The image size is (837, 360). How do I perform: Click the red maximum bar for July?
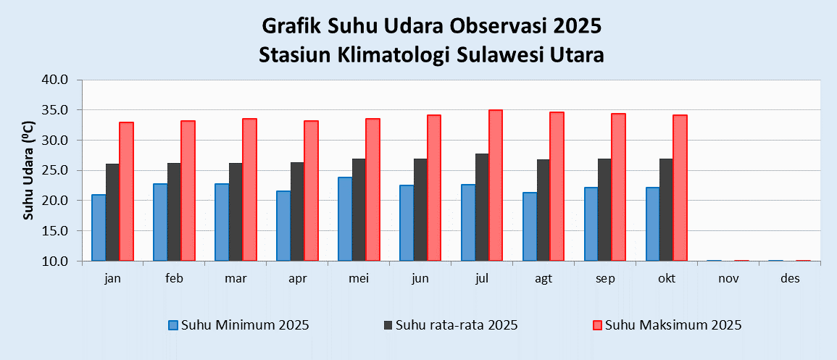[496, 185]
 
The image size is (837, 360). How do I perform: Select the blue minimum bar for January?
[99, 227]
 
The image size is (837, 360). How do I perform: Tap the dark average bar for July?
[482, 207]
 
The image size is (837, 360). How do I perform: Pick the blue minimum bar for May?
[345, 219]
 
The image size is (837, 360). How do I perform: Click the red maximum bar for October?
[680, 188]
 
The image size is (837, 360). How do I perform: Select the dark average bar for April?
[297, 212]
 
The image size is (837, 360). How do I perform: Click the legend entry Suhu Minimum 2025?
[238, 325]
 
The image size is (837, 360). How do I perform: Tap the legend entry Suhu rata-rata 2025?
[451, 325]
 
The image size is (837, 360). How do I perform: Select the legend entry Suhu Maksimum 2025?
[667, 325]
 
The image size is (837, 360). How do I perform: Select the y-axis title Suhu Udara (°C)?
[30, 171]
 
